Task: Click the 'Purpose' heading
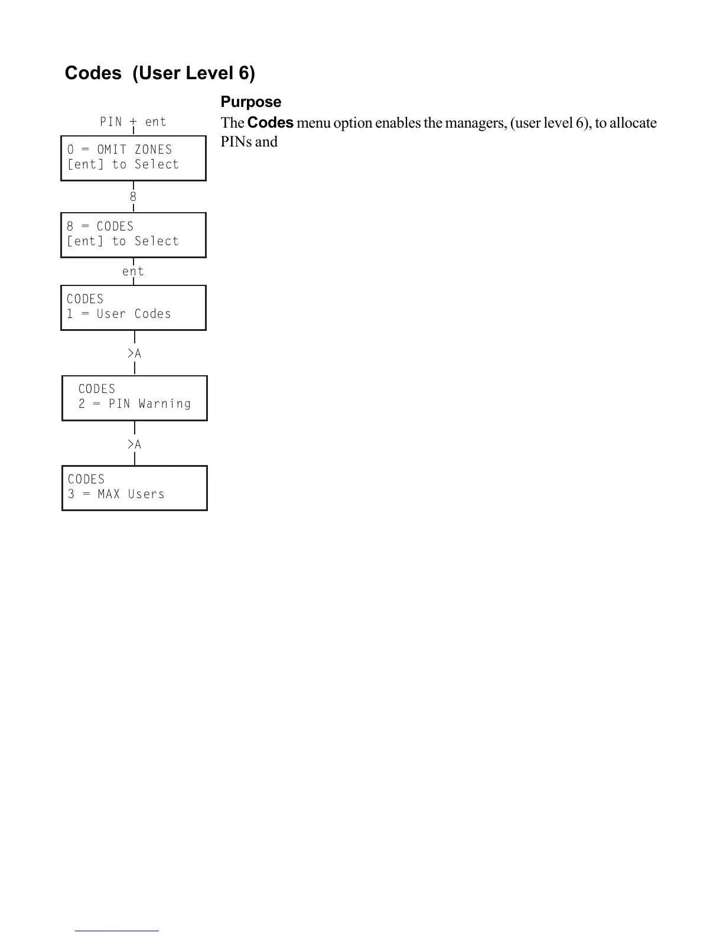[250, 102]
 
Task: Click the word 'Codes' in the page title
[93, 73]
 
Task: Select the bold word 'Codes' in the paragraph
[271, 123]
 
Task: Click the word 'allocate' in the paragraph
[633, 123]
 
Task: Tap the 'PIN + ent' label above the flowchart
[133, 122]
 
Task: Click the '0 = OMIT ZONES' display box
[133, 158]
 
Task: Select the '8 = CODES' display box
[133, 235]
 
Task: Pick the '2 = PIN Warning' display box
[135, 398]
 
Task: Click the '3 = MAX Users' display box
[135, 487]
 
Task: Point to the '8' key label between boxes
[133, 197]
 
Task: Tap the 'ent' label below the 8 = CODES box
[133, 271]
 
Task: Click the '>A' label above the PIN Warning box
[135, 353]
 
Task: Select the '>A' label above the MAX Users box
[135, 444]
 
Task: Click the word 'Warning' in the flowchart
[165, 404]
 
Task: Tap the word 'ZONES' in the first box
[153, 150]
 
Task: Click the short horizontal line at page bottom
[117, 931]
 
